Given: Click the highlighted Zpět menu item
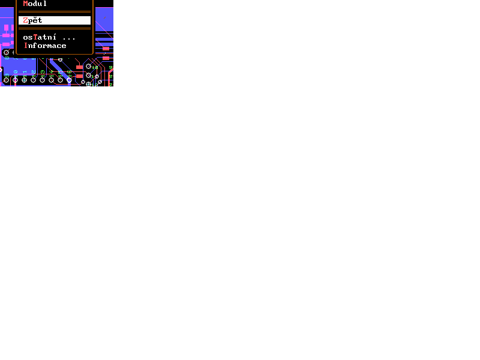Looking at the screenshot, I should (x=54, y=20).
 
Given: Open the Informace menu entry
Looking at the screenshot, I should (x=45, y=46).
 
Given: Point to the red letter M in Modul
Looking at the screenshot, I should (x=25, y=4).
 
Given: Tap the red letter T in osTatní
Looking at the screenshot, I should (x=35, y=37).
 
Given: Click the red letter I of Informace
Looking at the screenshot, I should (x=26, y=46).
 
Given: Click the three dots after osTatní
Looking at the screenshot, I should (x=69, y=38).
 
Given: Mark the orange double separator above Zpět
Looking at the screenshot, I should (x=54, y=11).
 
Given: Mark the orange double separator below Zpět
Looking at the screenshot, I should (x=54, y=28).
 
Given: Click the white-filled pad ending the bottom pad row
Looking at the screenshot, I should (x=69, y=80).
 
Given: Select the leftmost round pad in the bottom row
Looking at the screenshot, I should (x=6, y=80).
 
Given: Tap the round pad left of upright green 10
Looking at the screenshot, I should (x=88, y=66).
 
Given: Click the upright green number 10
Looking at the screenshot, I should (x=95, y=67).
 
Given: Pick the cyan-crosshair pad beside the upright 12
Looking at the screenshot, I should (x=88, y=84).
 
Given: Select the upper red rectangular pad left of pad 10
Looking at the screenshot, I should (x=79, y=67).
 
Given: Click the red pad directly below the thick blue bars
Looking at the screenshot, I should (x=106, y=49).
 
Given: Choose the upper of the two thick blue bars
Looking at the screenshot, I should (x=104, y=39).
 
